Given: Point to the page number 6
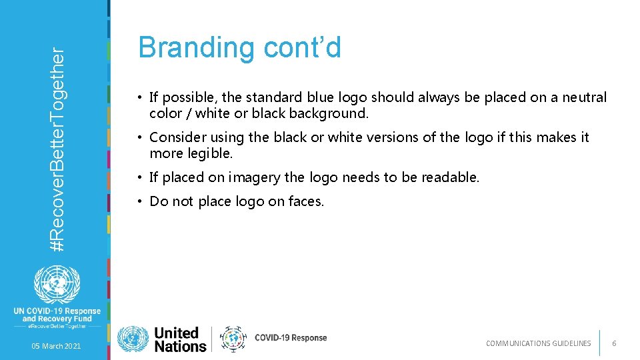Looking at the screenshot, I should click(614, 343).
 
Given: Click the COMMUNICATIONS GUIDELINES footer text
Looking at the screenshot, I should click(538, 343).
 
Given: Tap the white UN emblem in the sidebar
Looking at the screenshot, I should click(56, 285).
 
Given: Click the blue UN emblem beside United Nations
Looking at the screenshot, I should click(133, 339).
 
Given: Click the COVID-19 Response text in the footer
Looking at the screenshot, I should click(291, 338).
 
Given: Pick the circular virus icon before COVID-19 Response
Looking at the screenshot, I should click(233, 339).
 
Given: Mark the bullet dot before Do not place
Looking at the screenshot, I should click(142, 201).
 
